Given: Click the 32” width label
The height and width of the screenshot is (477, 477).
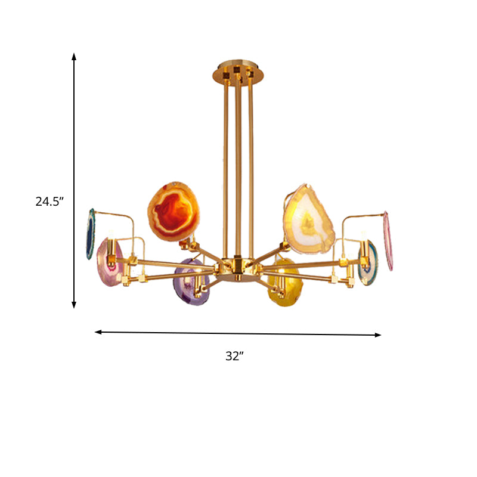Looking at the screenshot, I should [x=235, y=356].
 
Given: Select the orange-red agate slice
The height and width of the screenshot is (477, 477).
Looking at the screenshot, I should [x=172, y=213].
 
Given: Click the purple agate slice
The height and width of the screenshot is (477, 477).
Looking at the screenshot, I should [x=191, y=281].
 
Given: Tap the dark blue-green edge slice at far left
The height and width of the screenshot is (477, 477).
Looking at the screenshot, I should [x=91, y=233].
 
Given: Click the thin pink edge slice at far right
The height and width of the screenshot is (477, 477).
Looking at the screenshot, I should [x=388, y=240].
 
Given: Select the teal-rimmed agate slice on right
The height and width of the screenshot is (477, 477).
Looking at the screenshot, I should [x=367, y=262].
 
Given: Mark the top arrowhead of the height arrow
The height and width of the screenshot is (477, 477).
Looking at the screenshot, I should [x=75, y=57].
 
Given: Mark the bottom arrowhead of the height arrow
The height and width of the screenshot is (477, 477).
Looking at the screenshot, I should [x=75, y=305].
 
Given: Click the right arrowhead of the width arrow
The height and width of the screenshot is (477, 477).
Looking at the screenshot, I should [x=377, y=335].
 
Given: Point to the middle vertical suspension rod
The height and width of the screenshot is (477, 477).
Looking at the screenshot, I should [x=237, y=167].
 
